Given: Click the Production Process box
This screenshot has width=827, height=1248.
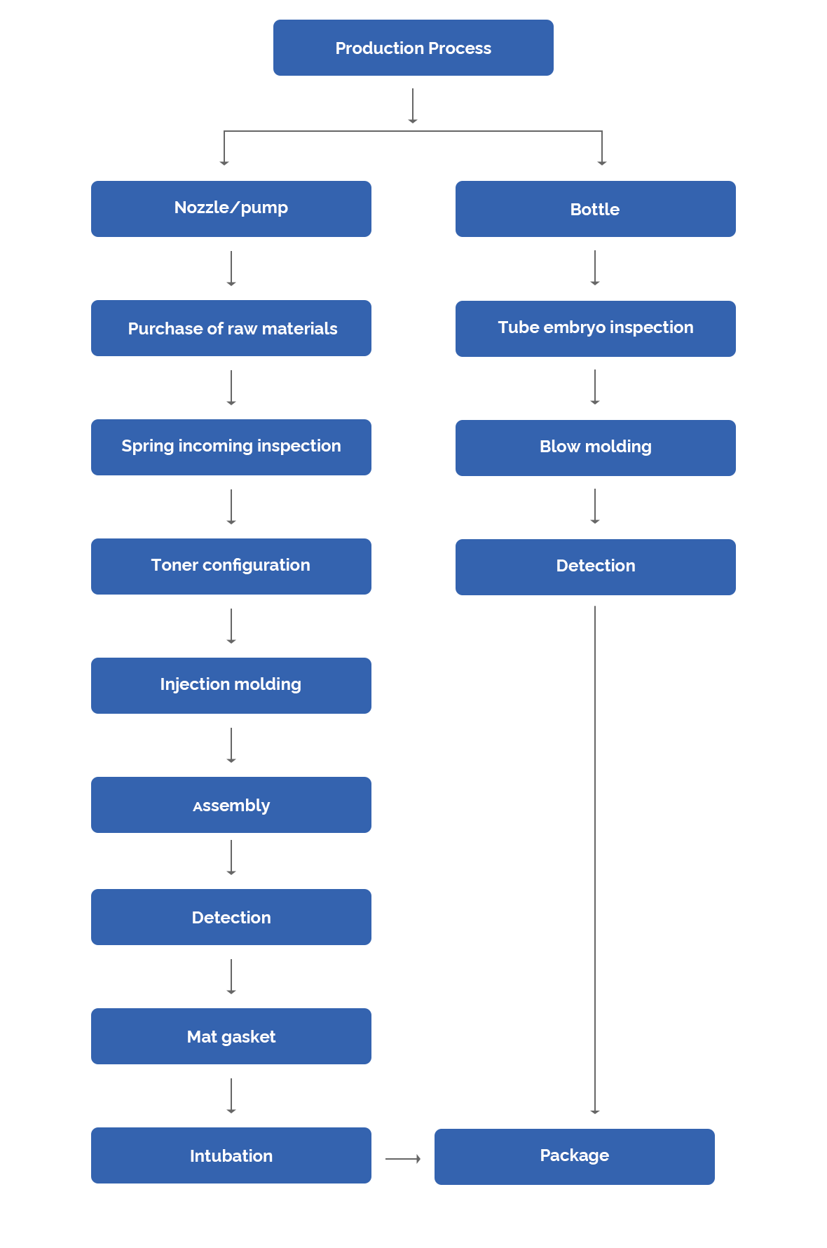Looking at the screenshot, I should point(413,47).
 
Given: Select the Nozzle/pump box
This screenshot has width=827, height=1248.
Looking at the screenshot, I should point(231,208).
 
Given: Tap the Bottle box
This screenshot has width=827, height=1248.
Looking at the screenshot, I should point(595,208).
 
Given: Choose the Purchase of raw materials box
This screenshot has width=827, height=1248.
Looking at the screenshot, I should point(231,327).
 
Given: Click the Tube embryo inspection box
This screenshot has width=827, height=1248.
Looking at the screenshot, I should point(595,328).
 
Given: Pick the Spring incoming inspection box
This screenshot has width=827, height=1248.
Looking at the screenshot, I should point(231,447).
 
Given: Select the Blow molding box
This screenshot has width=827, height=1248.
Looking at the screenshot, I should point(595,447).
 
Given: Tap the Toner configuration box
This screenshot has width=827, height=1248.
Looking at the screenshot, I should point(231,566).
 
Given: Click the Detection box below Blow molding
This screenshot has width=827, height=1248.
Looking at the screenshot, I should point(595,567).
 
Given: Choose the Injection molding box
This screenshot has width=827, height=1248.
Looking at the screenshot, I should point(231,685).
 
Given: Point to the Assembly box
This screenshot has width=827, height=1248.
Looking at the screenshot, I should point(231,804).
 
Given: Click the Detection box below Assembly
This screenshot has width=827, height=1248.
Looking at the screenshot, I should point(231,916).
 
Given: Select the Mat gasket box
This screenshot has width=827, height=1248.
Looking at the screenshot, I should point(231,1036).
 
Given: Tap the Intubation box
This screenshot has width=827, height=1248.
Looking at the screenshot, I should point(231,1155).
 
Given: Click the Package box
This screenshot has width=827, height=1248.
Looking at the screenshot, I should point(574,1156).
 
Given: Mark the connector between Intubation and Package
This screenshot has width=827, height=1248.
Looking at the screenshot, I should point(402,1158).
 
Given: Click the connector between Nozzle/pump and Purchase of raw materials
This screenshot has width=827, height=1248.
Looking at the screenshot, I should point(231,268).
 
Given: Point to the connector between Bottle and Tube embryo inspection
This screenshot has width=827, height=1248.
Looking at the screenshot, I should point(595,267).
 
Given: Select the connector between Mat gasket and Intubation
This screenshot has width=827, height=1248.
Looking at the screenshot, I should point(231,1095).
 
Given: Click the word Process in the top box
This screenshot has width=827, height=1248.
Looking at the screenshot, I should point(460,48).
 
